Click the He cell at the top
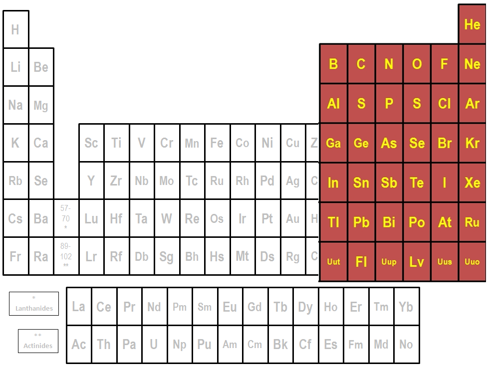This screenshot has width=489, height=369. pyautogui.click(x=472, y=24)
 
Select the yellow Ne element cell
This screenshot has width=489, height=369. pyautogui.click(x=472, y=64)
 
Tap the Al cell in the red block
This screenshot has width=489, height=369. pyautogui.click(x=333, y=104)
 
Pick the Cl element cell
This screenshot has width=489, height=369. pyautogui.click(x=445, y=104)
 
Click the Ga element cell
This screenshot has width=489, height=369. pyautogui.click(x=333, y=143)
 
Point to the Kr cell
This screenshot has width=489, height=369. pyautogui.click(x=472, y=143)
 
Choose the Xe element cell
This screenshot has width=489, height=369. pyautogui.click(x=472, y=183)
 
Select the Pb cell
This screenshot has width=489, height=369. pyautogui.click(x=361, y=222)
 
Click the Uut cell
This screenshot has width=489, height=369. pyautogui.click(x=333, y=261)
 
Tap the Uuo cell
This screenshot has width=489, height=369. pyautogui.click(x=472, y=261)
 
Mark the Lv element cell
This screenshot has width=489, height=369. pyautogui.click(x=417, y=261)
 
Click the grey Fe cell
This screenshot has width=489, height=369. pyautogui.click(x=217, y=143)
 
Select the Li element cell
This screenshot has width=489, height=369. pyautogui.click(x=15, y=67)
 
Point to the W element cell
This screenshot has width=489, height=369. pyautogui.click(x=166, y=218)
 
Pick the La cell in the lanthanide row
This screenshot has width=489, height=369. pyautogui.click(x=79, y=306)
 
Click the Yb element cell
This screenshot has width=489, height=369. pyautogui.click(x=406, y=306)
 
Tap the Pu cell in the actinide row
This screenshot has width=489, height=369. pyautogui.click(x=205, y=344)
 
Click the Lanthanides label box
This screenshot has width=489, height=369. pyautogui.click(x=34, y=304)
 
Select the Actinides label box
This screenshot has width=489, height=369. pyautogui.click(x=38, y=341)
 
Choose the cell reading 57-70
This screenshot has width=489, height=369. pyautogui.click(x=66, y=218)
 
